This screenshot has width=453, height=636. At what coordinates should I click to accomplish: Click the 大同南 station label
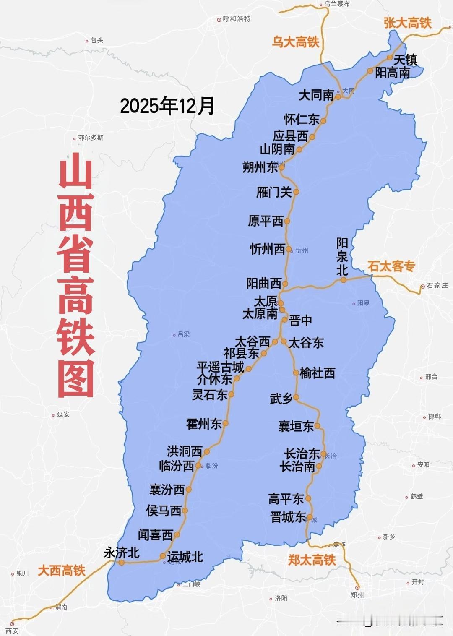[x=316, y=95]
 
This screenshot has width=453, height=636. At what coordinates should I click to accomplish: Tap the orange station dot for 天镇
[x=390, y=57]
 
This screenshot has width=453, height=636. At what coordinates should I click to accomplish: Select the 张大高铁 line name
[x=407, y=23]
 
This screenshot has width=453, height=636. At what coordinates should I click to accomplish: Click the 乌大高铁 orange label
[x=295, y=42]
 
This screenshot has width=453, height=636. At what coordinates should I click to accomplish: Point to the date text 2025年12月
[x=167, y=106]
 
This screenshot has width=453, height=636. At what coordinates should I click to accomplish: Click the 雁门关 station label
[x=273, y=193]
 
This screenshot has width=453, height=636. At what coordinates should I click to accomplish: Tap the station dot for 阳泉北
[x=344, y=280]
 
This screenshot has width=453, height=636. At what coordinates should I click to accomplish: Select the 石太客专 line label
[x=391, y=266]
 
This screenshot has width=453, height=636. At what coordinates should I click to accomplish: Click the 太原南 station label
[x=260, y=314]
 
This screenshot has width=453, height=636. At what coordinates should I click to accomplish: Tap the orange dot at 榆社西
[x=296, y=373]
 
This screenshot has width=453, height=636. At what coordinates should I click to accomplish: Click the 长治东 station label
[x=302, y=454]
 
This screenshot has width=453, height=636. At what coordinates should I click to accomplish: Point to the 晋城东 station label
[x=288, y=517]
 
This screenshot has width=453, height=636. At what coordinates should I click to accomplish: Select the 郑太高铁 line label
[x=312, y=560]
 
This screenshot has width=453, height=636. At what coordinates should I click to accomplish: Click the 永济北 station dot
[x=122, y=563]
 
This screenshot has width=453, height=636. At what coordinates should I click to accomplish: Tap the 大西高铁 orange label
[x=61, y=571]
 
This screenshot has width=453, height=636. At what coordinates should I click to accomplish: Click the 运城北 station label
[x=185, y=557]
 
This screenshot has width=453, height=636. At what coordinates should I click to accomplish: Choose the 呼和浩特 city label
[x=236, y=19]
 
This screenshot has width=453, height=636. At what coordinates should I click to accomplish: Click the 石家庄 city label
[x=437, y=285]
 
